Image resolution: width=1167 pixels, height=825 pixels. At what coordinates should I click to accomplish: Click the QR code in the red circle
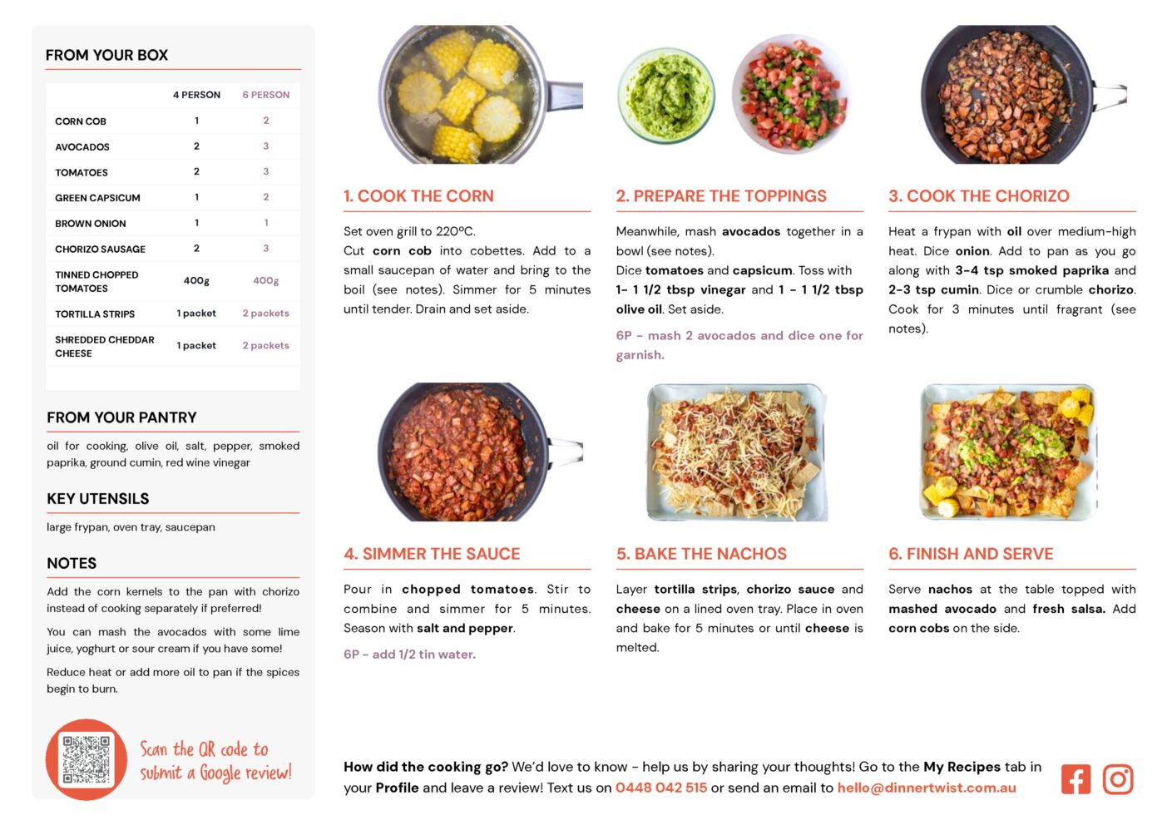coord(86,758)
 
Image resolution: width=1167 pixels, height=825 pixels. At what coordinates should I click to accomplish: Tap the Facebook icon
coord(1076,779)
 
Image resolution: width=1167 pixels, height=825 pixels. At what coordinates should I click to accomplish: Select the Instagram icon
coord(1118,779)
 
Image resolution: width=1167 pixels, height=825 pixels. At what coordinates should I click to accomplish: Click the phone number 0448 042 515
coord(661,788)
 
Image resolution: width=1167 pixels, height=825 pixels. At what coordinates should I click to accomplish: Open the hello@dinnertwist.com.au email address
coord(927,788)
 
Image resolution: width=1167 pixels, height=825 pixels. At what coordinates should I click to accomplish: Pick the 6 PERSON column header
coord(265,95)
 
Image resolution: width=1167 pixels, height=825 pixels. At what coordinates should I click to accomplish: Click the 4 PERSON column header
coord(196,95)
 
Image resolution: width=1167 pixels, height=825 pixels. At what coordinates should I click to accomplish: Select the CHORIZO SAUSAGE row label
coord(100,249)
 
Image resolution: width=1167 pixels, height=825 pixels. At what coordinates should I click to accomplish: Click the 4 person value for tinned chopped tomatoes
coord(196,281)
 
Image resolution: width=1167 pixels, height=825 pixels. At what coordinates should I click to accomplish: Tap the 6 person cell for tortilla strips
coord(265,313)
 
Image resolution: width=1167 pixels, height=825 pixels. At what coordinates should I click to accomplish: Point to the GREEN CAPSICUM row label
coord(97,198)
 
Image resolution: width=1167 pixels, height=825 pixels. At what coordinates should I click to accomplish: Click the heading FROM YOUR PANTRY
coord(121,417)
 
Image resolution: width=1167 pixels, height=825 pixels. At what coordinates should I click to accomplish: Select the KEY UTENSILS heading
coord(98,498)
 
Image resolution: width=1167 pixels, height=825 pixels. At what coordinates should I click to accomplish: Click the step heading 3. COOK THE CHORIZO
coord(979,195)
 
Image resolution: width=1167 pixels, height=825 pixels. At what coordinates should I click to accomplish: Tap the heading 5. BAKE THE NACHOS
coord(701,554)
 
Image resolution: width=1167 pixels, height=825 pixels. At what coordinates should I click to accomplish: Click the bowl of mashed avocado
coord(666,96)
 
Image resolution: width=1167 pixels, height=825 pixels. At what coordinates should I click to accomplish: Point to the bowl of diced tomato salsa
coord(791,94)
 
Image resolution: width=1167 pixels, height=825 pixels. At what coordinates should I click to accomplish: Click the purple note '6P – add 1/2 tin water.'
coord(409,655)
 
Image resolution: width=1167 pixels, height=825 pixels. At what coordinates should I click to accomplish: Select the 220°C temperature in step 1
coord(455,231)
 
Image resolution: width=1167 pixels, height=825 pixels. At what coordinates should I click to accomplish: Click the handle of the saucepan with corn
coord(564,96)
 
